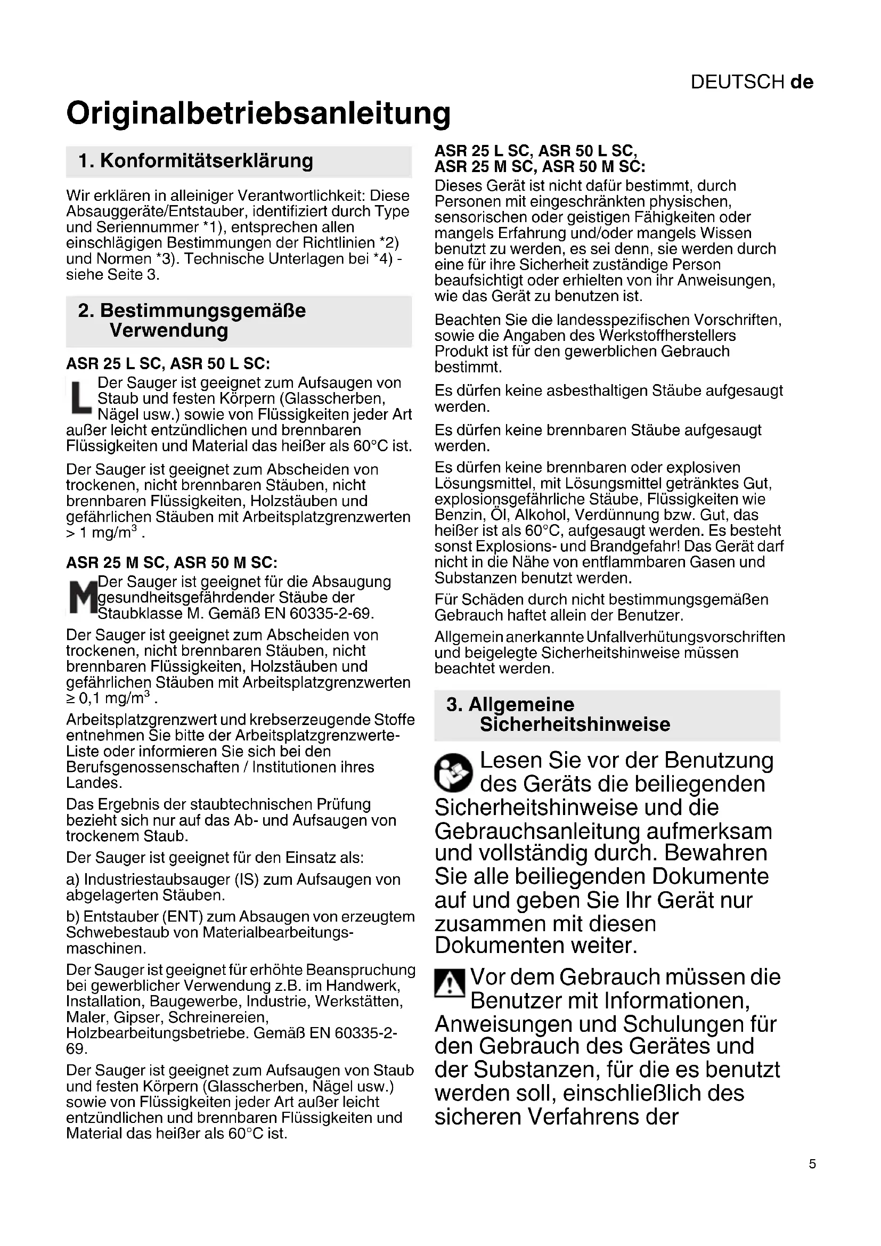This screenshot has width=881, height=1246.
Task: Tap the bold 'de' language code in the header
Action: point(802,82)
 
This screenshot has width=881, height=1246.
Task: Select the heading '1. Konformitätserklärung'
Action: point(196,161)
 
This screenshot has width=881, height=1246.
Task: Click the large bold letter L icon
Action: point(81,397)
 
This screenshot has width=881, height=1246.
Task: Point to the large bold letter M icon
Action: point(82,597)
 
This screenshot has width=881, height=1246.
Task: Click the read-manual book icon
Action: point(453,772)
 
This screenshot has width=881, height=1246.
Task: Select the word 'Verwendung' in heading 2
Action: point(169,330)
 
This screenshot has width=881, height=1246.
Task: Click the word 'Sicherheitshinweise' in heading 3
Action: point(575,724)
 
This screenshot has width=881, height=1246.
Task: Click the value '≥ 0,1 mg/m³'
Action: point(111,698)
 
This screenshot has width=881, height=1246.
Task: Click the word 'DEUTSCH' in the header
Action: point(737,82)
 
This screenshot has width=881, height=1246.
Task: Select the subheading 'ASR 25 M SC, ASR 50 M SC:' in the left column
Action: point(172,562)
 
